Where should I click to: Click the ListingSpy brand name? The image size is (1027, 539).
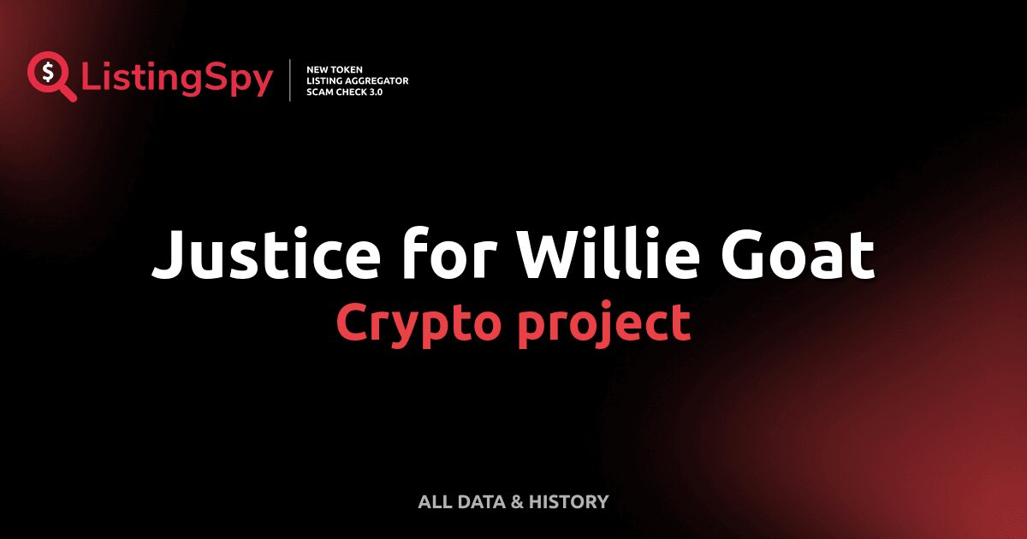tap(177, 80)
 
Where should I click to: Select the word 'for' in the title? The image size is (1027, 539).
tap(430, 254)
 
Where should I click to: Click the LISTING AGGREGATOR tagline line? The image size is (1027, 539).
tap(358, 80)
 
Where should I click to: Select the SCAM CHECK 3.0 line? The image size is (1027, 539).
tap(345, 92)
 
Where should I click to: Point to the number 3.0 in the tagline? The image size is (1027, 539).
tap(375, 92)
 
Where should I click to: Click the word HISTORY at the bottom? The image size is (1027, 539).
tap(569, 501)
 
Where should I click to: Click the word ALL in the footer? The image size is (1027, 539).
tap(433, 501)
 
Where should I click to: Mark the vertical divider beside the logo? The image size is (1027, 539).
tap(290, 80)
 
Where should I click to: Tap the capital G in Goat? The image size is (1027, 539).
tap(754, 254)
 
